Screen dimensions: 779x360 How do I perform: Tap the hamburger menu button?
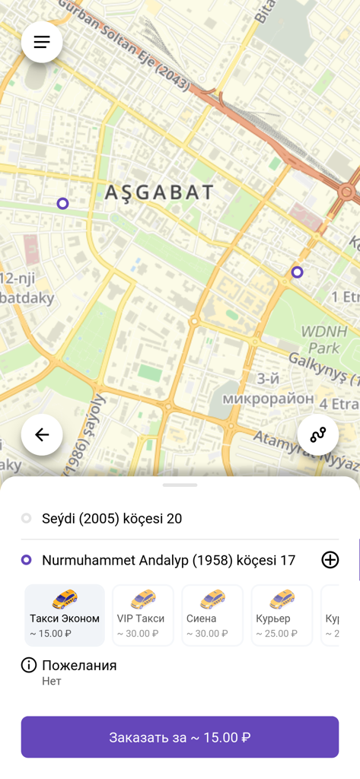(42, 42)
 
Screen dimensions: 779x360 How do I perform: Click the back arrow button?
(42, 434)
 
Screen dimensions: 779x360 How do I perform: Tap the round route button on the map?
(318, 434)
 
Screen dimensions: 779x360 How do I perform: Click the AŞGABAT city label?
(159, 192)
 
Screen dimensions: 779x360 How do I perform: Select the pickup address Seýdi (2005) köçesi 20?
(112, 519)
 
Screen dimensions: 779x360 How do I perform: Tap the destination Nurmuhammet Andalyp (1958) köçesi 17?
(168, 561)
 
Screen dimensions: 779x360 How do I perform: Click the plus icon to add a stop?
(330, 560)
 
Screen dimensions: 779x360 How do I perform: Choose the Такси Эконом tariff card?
(65, 615)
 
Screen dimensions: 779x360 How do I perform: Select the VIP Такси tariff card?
(142, 615)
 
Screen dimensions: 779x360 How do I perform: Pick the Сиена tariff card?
(212, 615)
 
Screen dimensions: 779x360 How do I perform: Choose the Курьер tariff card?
(282, 615)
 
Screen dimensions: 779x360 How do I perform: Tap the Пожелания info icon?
(29, 666)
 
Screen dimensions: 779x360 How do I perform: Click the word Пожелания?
(79, 666)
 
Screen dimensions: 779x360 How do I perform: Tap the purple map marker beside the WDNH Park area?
(297, 272)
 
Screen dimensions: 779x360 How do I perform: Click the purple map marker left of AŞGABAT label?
(63, 203)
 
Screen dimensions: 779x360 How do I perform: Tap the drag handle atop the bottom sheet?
(180, 485)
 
